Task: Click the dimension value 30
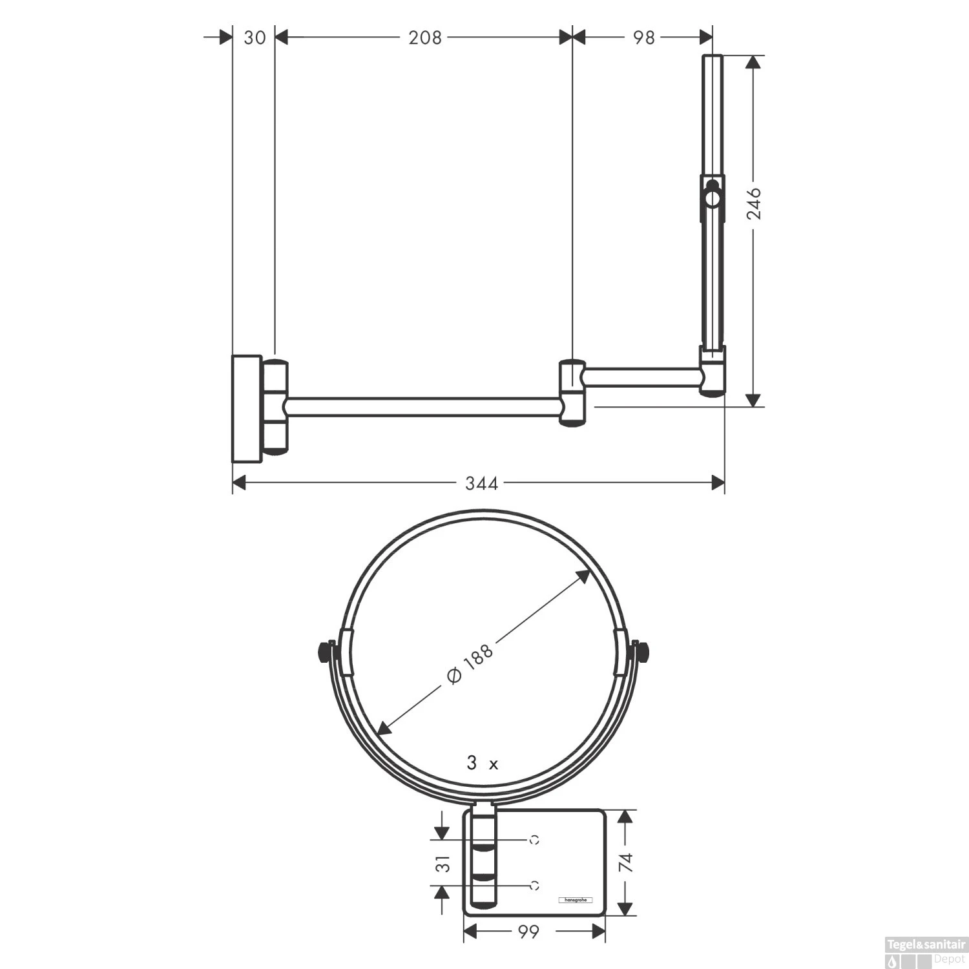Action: (x=255, y=37)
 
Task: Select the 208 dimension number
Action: (x=425, y=37)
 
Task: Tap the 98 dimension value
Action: (x=643, y=37)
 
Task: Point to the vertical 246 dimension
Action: (x=754, y=204)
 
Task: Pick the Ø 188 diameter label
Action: (x=470, y=665)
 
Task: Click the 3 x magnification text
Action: (x=483, y=764)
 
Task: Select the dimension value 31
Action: (x=443, y=863)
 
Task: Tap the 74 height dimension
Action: (x=625, y=863)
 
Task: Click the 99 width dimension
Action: (x=528, y=932)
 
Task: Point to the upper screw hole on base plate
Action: (x=534, y=840)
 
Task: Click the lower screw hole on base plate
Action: (x=534, y=886)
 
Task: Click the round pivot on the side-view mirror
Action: (x=712, y=198)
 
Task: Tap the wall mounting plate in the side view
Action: (x=247, y=408)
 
